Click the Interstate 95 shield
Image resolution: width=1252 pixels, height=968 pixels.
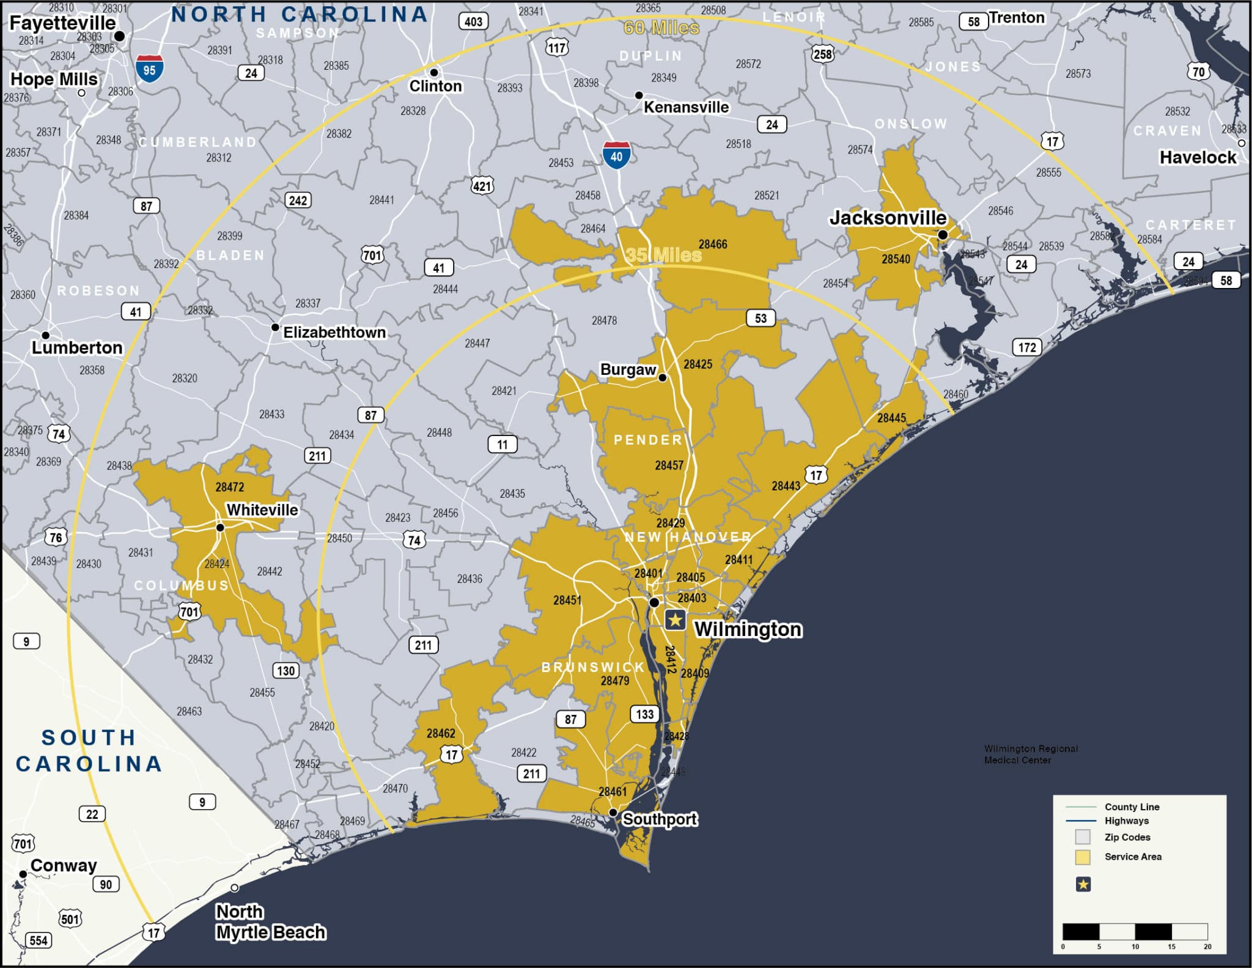tap(149, 68)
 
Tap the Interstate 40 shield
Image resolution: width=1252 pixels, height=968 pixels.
tap(616, 155)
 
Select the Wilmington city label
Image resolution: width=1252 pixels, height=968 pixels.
tap(748, 629)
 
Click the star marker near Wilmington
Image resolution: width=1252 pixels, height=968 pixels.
tap(675, 620)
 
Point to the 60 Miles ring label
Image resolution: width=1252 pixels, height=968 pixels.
tap(661, 28)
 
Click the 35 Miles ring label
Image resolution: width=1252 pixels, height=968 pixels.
tap(663, 255)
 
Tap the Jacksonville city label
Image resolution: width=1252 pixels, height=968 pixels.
tap(888, 218)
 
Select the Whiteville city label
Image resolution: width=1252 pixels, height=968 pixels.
tap(262, 510)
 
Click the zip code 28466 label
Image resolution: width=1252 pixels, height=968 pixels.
tap(713, 245)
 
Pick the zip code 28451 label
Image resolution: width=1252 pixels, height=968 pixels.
tap(567, 600)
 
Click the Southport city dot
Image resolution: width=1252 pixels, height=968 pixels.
tap(613, 813)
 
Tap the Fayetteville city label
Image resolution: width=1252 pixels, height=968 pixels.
tap(62, 23)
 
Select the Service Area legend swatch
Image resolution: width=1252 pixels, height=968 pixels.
tap(1083, 857)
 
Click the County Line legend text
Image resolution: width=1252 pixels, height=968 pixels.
tap(1132, 807)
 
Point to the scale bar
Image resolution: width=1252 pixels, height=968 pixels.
tap(1135, 932)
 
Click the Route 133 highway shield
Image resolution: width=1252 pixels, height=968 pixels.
tap(645, 714)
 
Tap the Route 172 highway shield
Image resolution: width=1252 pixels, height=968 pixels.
tap(1027, 347)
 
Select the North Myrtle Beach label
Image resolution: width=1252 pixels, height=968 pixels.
tap(271, 922)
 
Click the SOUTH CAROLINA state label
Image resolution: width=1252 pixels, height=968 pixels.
tap(89, 751)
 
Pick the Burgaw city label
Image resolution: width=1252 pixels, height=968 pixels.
tap(628, 369)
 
